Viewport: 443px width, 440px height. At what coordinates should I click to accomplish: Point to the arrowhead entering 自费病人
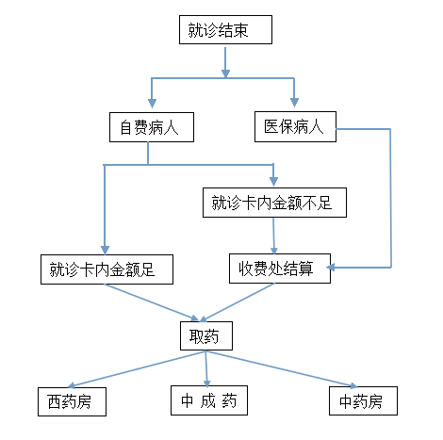pyautogui.click(x=152, y=104)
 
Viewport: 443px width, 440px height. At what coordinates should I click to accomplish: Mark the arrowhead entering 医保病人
pyautogui.click(x=294, y=103)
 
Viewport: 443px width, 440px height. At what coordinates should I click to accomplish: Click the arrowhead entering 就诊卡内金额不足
pyautogui.click(x=273, y=181)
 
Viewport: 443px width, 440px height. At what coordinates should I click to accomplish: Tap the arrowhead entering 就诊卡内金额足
pyautogui.click(x=105, y=250)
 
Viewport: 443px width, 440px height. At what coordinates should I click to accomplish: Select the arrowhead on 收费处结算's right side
pyautogui.click(x=331, y=268)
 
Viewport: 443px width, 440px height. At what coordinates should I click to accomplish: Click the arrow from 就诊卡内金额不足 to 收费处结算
pyautogui.click(x=273, y=236)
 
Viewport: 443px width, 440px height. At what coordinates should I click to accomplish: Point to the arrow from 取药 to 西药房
pyautogui.click(x=137, y=369)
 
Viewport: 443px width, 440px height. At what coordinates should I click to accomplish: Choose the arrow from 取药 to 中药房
pyautogui.click(x=282, y=369)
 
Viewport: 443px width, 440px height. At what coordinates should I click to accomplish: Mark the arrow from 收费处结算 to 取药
pyautogui.click(x=238, y=302)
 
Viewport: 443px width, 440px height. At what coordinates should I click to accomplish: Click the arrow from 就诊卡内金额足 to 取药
pyautogui.click(x=152, y=302)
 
